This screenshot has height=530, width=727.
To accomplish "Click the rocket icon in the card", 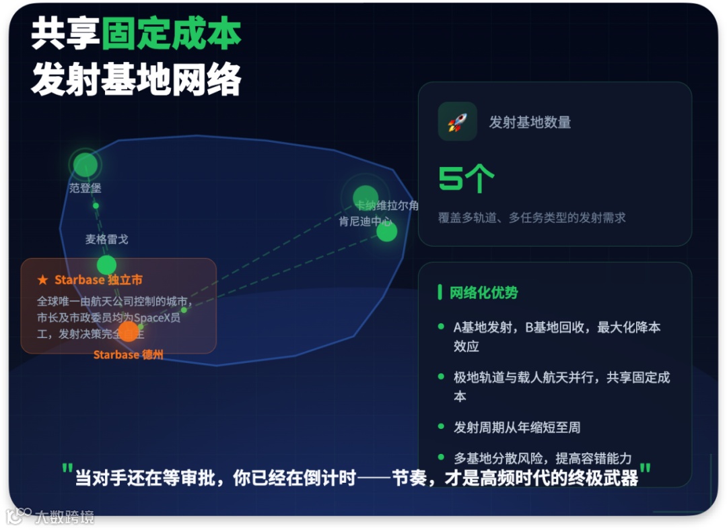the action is tap(457, 122).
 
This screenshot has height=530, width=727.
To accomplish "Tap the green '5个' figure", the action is tap(466, 178).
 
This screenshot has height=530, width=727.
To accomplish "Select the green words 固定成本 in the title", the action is tap(171, 34).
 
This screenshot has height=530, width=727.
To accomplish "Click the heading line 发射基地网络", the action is tap(136, 81).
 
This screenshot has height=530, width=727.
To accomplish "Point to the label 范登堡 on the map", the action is tap(85, 188).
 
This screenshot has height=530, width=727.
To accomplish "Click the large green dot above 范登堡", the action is tap(85, 164).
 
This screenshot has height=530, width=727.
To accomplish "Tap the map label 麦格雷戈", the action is tap(106, 239).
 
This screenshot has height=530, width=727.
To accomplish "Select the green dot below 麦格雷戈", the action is tap(106, 265).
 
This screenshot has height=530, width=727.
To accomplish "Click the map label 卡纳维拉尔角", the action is tap(388, 205).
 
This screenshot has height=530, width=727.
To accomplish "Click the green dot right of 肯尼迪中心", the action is tap(386, 232).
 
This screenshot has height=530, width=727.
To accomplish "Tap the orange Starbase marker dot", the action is tap(128, 331).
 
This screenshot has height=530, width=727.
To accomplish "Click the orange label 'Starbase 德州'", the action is tap(128, 354).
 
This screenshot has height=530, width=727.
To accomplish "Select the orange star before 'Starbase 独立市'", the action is tap(42, 279).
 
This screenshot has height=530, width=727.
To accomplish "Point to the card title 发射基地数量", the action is tap(530, 123).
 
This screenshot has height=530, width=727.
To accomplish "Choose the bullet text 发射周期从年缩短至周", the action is tap(517, 427).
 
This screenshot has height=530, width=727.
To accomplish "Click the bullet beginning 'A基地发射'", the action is tap(557, 328).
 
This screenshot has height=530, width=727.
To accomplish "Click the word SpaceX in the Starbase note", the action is tap(156, 318).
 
